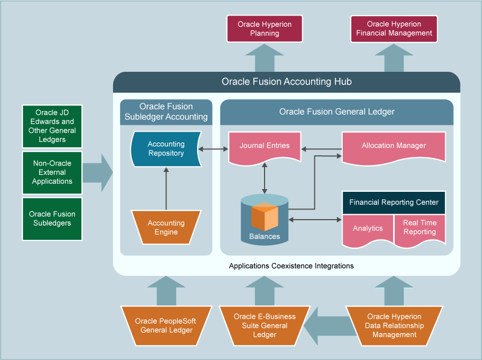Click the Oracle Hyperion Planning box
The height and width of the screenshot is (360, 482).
(265, 28)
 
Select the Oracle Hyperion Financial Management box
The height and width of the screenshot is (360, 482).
(394, 28)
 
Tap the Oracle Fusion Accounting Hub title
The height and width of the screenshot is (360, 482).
(287, 82)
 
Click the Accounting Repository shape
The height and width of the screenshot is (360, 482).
(166, 148)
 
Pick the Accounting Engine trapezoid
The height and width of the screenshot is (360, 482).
(166, 228)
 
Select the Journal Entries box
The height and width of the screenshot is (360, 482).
(265, 146)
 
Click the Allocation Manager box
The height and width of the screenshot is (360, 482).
(394, 146)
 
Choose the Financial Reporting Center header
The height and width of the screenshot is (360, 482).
(394, 202)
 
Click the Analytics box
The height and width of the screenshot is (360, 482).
(367, 229)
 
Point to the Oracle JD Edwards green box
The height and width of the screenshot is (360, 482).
(52, 126)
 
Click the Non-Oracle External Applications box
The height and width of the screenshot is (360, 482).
(52, 172)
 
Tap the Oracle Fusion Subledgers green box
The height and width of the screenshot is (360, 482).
(52, 219)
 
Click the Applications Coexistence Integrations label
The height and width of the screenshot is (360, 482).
(291, 266)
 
